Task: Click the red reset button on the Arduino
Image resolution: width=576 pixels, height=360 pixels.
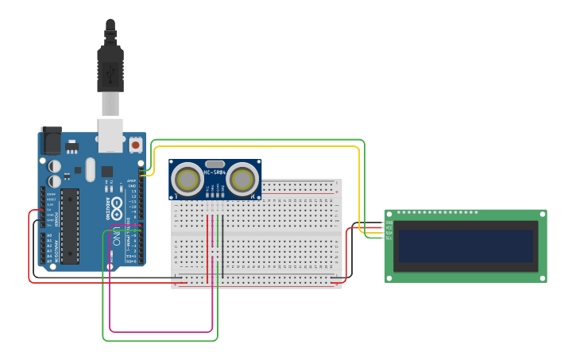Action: pos(135,145)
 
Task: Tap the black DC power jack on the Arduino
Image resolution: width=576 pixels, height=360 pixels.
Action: pos(51,141)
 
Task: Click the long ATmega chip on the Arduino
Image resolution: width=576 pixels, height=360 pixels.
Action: pos(70,226)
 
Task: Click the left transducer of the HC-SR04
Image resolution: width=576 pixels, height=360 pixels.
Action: pos(188,180)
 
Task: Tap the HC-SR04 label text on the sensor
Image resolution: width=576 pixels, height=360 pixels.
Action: pos(215,172)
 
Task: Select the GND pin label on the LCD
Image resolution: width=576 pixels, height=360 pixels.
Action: pos(389,223)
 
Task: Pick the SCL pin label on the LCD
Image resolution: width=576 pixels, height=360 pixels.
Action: pos(389,238)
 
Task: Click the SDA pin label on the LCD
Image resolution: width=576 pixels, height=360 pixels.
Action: pos(389,233)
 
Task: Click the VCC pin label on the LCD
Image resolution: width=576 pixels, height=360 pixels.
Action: pos(389,228)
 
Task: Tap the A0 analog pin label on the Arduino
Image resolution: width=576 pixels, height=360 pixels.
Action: pos(50,235)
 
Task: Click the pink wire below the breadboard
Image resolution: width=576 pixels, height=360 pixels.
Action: pos(159,331)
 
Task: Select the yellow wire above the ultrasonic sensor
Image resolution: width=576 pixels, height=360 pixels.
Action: pos(254,146)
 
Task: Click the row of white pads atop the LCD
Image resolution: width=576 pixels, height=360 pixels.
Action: pos(437,212)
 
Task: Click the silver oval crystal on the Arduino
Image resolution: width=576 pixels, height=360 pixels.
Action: pos(90,169)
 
